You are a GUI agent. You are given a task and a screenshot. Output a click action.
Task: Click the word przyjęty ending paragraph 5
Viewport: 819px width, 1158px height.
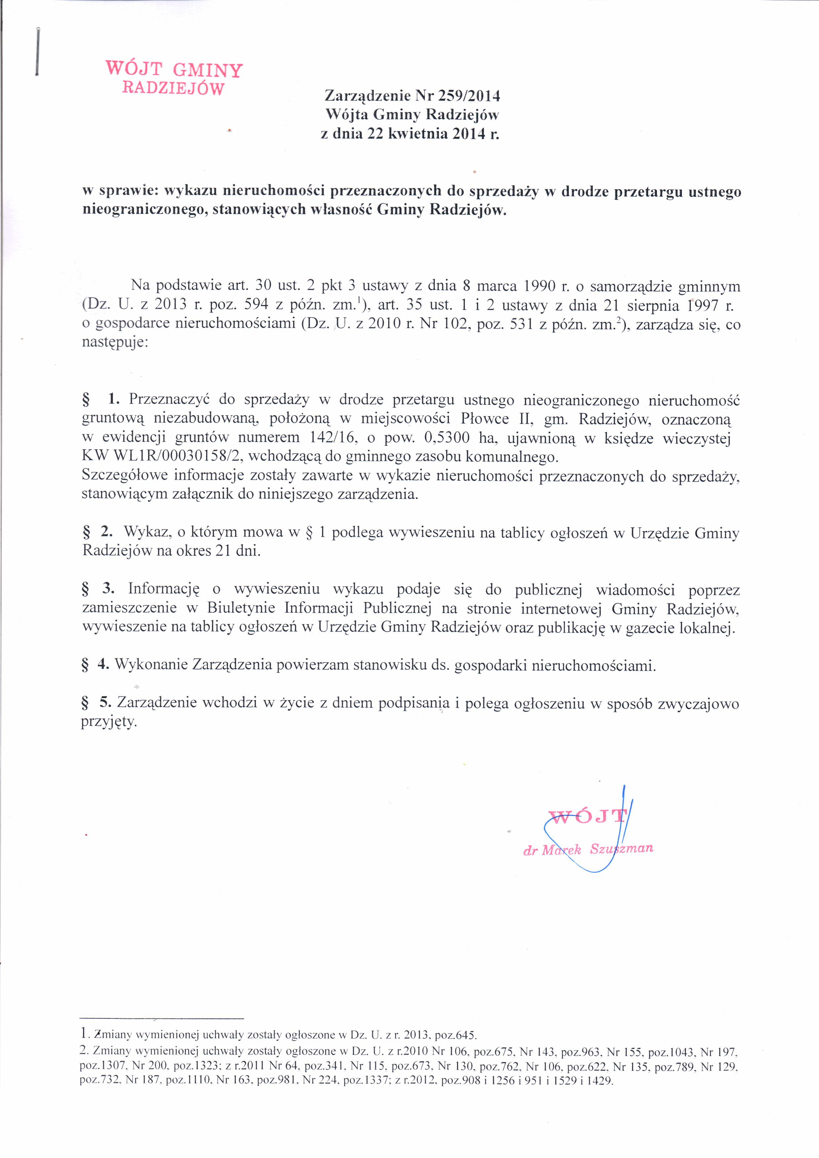pyautogui.click(x=109, y=722)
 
